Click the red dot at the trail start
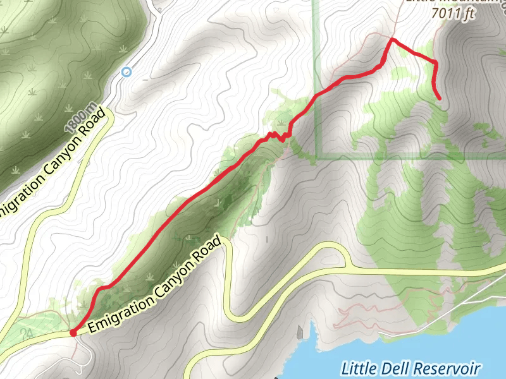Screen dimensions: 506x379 click(x=73, y=332)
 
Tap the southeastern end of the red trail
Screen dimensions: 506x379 click(x=440, y=99)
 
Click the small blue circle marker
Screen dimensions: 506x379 click(x=126, y=72)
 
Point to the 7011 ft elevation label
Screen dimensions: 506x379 click(x=452, y=14)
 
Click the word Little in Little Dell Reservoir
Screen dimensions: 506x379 click(x=359, y=368)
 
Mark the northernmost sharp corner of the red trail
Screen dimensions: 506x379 click(x=392, y=39)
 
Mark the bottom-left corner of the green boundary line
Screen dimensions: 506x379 click(x=316, y=158)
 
